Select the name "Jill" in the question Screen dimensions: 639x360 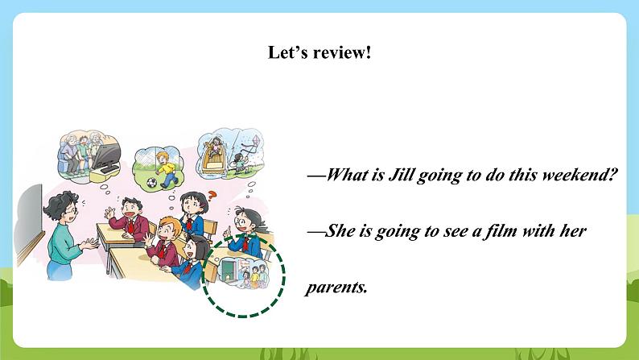pos(401,175)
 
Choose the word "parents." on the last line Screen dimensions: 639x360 pos(336,288)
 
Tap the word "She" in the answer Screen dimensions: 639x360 pos(340,231)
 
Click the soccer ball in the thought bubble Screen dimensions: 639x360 pos(151,182)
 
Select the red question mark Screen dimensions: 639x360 pos(211,196)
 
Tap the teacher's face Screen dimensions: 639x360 pos(69,213)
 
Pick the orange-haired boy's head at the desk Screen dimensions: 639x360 pos(169,230)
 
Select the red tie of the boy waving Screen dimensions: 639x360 pos(131,226)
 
